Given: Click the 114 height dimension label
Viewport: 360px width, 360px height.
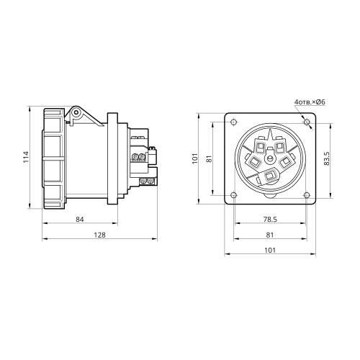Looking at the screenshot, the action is pyautogui.click(x=26, y=157).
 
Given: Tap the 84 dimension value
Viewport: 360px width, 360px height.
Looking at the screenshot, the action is pyautogui.click(x=80, y=220).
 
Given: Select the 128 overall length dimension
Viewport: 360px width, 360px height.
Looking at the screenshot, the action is pyautogui.click(x=99, y=235).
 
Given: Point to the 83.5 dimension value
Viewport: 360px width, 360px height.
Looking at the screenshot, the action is pyautogui.click(x=327, y=158).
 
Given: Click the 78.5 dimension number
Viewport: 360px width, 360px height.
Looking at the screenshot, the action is pyautogui.click(x=270, y=220).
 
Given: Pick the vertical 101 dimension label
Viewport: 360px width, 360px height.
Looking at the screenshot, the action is pyautogui.click(x=195, y=158).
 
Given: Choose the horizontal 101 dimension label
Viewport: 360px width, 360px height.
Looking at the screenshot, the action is pyautogui.click(x=270, y=251).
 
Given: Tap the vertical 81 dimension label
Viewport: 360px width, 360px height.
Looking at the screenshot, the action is pyautogui.click(x=210, y=158).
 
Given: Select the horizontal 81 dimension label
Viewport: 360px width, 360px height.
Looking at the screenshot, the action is pyautogui.click(x=270, y=235).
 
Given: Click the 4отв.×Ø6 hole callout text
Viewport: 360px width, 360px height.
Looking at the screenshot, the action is pyautogui.click(x=310, y=102).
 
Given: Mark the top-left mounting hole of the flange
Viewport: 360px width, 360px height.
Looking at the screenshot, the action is pyautogui.click(x=234, y=122).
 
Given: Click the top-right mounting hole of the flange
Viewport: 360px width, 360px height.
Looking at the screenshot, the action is pyautogui.click(x=307, y=122).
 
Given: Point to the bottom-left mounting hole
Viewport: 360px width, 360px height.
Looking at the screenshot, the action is pyautogui.click(x=234, y=195).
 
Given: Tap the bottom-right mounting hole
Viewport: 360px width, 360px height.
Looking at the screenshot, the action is pyautogui.click(x=307, y=195).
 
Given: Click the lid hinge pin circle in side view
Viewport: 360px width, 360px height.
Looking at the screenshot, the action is pyautogui.click(x=76, y=112).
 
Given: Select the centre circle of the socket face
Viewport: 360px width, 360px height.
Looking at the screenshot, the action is pyautogui.click(x=270, y=158).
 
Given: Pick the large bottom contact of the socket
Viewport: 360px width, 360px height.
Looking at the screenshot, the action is pyautogui.click(x=270, y=176).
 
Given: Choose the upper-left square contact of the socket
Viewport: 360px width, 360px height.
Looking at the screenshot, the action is pyautogui.click(x=260, y=147).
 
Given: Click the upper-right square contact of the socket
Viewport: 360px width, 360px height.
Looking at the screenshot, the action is pyautogui.click(x=280, y=147).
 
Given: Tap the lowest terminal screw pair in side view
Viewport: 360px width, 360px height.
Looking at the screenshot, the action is pyautogui.click(x=147, y=181).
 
